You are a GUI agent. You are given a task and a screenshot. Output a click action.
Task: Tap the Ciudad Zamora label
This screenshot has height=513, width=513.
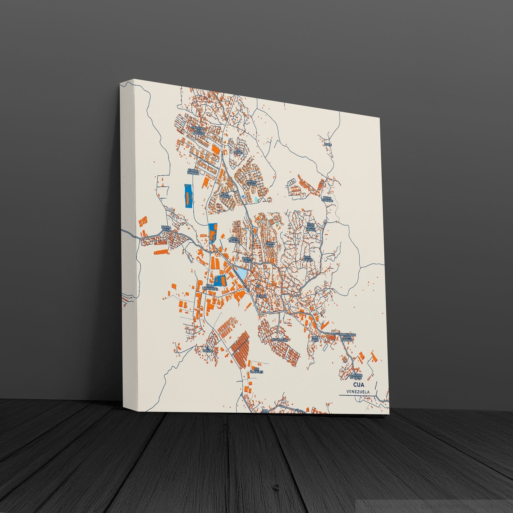193,171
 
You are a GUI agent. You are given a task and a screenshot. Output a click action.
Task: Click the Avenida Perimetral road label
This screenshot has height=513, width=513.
240,279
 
